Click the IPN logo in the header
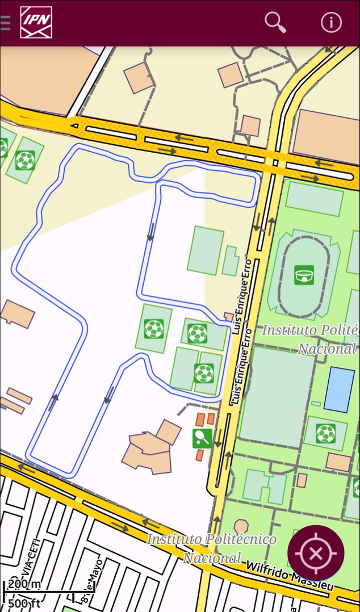pos(36,23)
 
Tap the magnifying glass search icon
pos(275,22)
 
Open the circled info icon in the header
pos(331,22)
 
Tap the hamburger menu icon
pos(5,23)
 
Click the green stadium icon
pos(304,275)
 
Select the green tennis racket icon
pos(202,437)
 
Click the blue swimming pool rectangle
pos(339,389)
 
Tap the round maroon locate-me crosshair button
pos(316,552)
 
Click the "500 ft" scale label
pos(24,602)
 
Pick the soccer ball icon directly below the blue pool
pos(325,433)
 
